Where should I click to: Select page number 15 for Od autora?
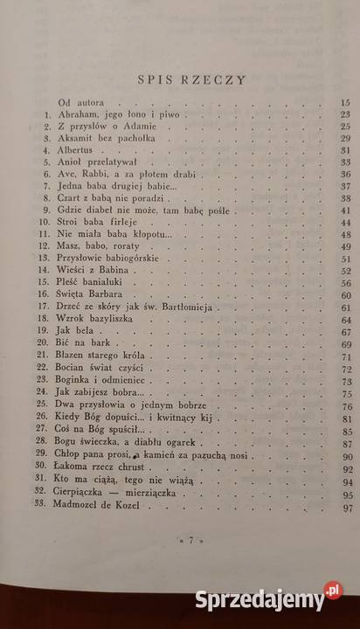pos(343,104)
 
